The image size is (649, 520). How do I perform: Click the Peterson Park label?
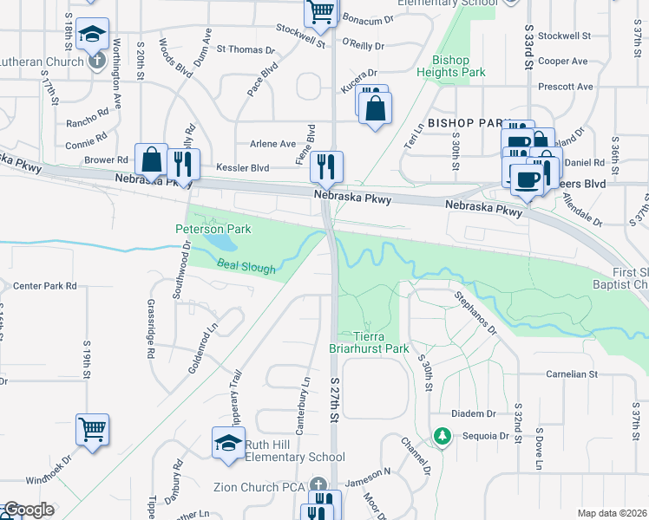click(x=213, y=229)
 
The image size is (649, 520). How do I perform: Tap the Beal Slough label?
click(x=246, y=267)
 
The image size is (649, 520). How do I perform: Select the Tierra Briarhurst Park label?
click(x=380, y=342)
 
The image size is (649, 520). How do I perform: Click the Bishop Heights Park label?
click(x=450, y=67)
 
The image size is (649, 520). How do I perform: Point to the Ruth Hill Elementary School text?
click(x=295, y=451)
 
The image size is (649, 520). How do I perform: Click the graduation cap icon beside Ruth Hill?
click(x=228, y=442)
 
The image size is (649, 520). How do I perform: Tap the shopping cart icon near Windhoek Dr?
click(x=93, y=428)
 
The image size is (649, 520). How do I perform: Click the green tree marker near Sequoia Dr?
click(x=442, y=435)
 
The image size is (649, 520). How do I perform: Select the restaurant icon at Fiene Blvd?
click(x=326, y=166)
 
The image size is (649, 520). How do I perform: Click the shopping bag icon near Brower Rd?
click(x=151, y=159)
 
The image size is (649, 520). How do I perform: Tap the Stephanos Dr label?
click(x=475, y=312)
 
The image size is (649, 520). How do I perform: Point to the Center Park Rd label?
click(x=44, y=285)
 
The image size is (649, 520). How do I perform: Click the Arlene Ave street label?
click(x=272, y=144)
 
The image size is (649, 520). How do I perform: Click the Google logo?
click(x=28, y=510)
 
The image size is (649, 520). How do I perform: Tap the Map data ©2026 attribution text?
click(x=613, y=513)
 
